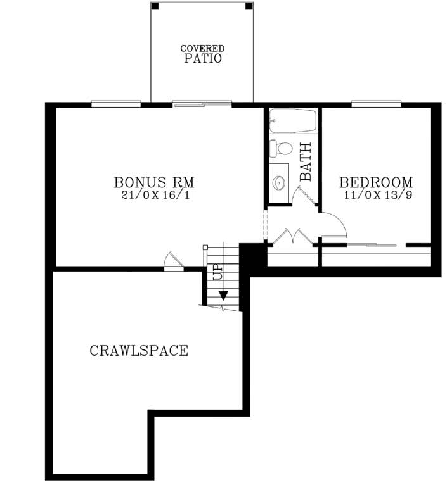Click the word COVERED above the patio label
coord(202,48)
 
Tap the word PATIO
coord(203,59)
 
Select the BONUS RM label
coord(154,182)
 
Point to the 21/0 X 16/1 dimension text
coord(154,196)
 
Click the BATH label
coord(306,162)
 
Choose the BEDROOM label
coord(377,182)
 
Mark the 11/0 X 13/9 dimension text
coord(377,196)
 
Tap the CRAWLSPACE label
coord(139,350)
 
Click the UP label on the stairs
coord(217,272)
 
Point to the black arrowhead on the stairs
coord(223,295)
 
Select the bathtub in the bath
coord(292,120)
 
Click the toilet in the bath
coord(280,149)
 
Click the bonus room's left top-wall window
coord(115,103)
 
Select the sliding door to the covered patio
coord(202,103)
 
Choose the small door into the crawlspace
coord(172,261)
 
